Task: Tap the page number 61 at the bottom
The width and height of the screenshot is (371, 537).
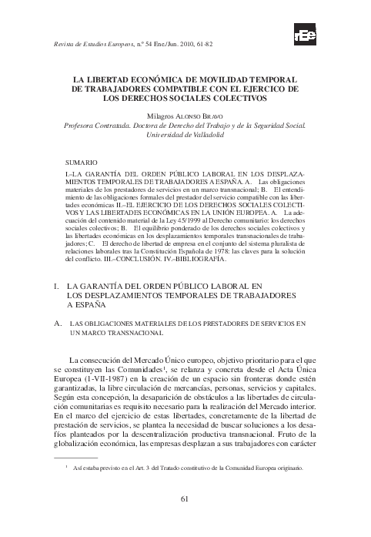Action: click(x=185, y=498)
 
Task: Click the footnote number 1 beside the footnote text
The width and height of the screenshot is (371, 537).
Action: click(x=67, y=466)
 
